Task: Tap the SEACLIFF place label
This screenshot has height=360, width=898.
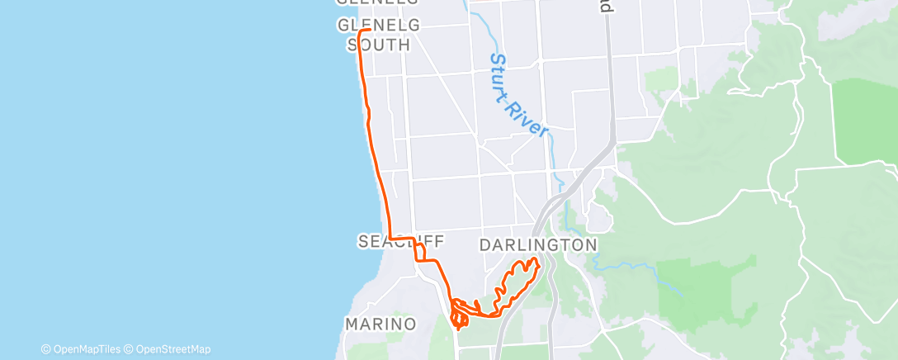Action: [x=401, y=241]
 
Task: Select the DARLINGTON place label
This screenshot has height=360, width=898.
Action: [x=537, y=245]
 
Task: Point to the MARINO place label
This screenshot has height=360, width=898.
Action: [x=381, y=324]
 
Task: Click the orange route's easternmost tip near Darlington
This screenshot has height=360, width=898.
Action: [x=538, y=263]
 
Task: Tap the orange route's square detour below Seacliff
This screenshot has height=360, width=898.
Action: [x=420, y=252]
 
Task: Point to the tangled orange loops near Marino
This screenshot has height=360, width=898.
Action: [x=461, y=313]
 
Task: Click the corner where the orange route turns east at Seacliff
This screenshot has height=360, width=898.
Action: [x=389, y=238]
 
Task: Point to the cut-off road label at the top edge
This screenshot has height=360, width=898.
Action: [x=606, y=6]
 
